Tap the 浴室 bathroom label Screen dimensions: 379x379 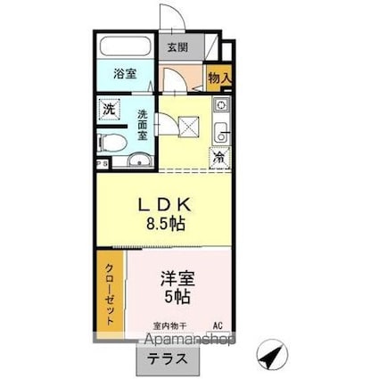[124, 76]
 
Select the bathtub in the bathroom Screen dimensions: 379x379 [124, 46]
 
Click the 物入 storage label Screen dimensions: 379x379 [219, 78]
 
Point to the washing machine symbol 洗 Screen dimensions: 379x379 [109, 111]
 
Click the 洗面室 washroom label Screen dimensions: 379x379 [143, 119]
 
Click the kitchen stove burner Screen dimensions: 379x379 [220, 106]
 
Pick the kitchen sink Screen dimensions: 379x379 [220, 134]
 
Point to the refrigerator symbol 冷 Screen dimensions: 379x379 [218, 158]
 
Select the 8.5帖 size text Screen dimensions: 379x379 [165, 225]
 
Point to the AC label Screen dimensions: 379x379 [218, 326]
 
